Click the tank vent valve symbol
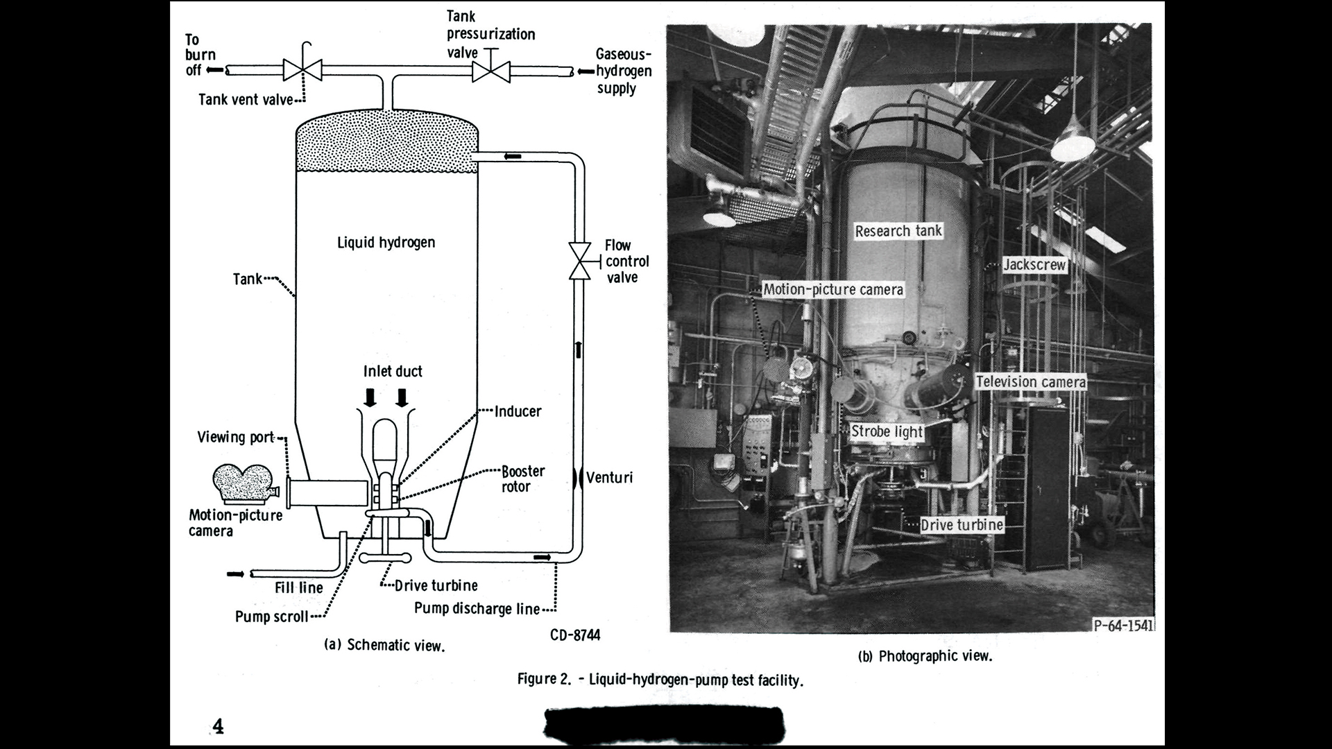[302, 70]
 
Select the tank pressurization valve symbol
[490, 71]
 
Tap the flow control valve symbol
[579, 261]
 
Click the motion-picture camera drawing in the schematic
[244, 483]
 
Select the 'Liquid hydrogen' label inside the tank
[386, 242]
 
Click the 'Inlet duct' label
[393, 371]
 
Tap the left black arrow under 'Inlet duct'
[370, 397]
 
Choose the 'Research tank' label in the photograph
[898, 231]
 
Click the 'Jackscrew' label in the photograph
[1034, 264]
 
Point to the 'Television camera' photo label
[1030, 381]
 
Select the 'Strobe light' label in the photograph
[887, 431]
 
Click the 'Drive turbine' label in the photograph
[962, 525]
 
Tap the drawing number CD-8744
[575, 635]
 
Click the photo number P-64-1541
[1123, 625]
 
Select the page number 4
[219, 726]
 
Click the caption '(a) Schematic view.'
[384, 645]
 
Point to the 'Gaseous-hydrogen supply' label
[623, 71]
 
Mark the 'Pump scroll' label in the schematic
[271, 617]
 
